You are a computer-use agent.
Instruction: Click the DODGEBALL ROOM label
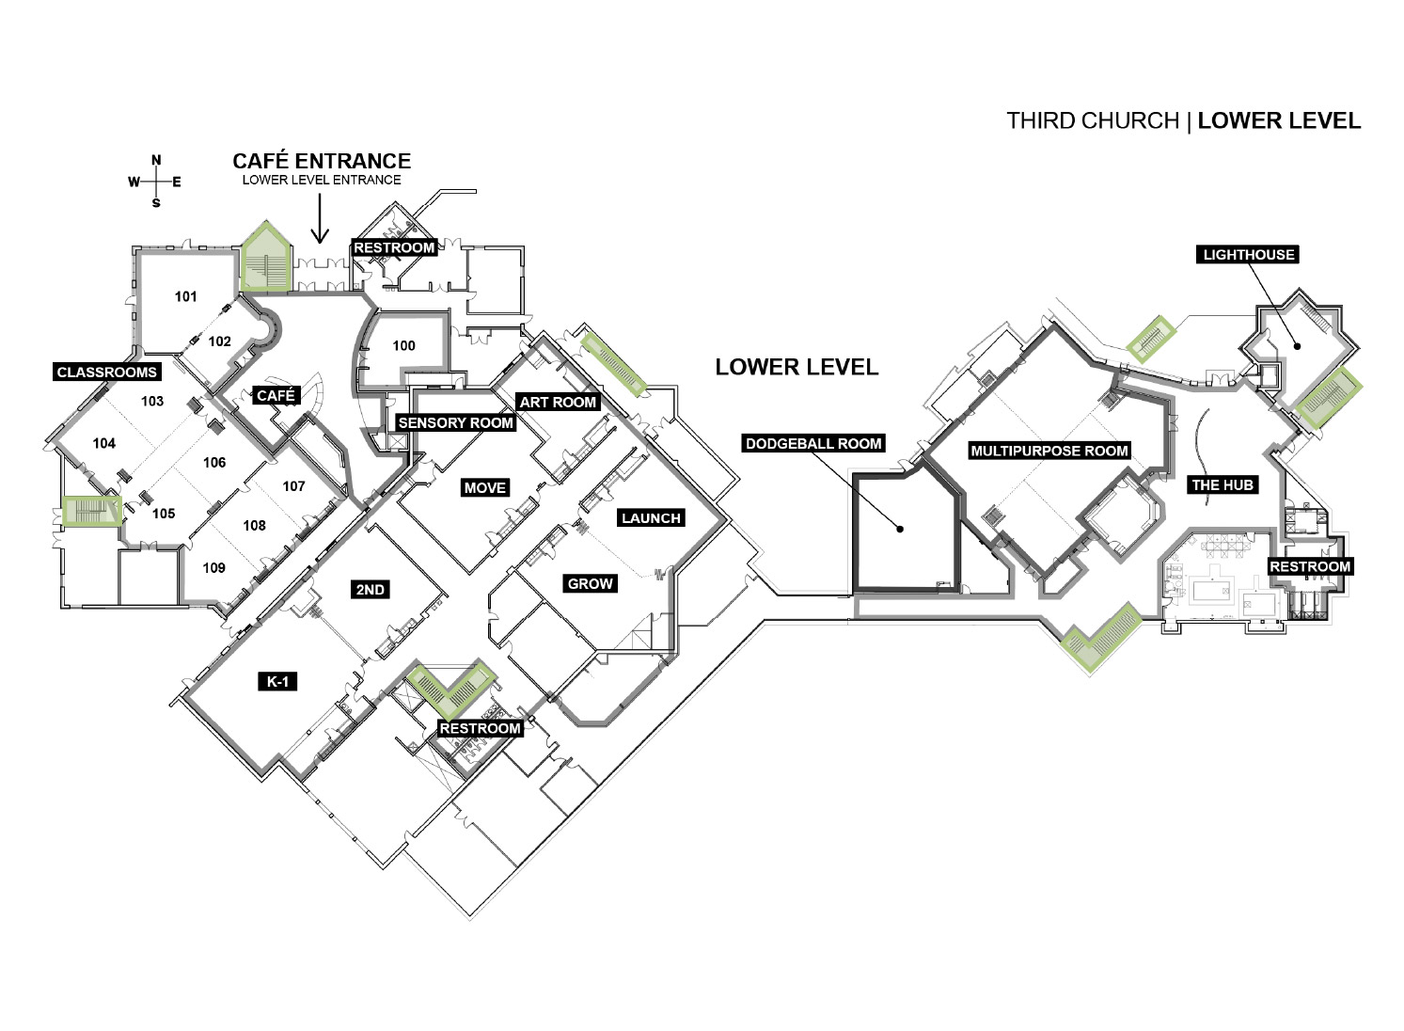tap(813, 444)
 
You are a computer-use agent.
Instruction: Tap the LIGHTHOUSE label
tap(1248, 255)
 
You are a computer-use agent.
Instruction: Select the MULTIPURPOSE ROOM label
tap(1049, 451)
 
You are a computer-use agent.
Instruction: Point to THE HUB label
tap(1223, 484)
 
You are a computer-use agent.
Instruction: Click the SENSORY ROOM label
tap(456, 422)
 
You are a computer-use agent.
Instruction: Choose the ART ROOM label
tap(558, 402)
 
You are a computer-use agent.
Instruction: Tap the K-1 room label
tap(277, 682)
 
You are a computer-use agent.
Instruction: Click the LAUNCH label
tap(651, 518)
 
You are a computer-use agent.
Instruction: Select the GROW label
tap(590, 584)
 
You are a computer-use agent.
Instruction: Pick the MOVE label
tap(484, 488)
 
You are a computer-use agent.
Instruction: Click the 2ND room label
tap(370, 590)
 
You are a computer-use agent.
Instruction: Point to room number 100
tap(404, 345)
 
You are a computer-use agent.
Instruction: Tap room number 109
tap(213, 567)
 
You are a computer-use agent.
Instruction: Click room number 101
tap(185, 296)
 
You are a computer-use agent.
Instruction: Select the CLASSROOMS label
tap(106, 372)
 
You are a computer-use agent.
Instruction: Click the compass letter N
tap(156, 161)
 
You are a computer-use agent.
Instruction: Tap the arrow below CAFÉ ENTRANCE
tap(320, 218)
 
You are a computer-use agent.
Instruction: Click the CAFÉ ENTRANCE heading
tap(322, 161)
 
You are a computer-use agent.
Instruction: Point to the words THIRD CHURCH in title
tap(1093, 120)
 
